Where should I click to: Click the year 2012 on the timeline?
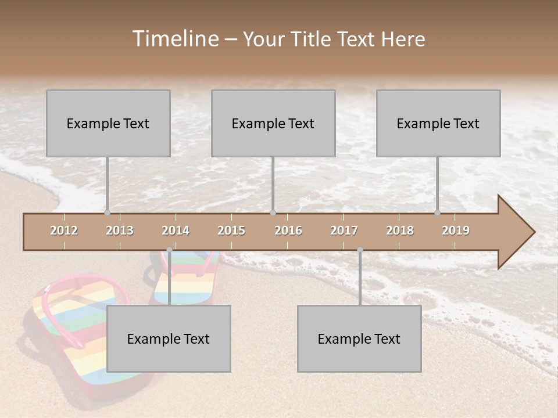coord(64,230)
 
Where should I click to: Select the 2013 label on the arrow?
coord(120,230)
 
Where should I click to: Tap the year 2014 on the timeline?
coord(176,230)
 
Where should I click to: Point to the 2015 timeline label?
coord(231,230)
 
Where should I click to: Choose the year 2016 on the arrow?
coord(288,230)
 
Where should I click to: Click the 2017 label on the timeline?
coord(344,230)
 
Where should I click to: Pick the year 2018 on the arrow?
coord(400,230)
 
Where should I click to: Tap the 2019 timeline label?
coord(456,230)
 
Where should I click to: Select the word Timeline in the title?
coord(174,39)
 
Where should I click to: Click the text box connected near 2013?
coord(108,123)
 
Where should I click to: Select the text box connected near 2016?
coord(273,123)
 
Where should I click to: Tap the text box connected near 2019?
coord(438,123)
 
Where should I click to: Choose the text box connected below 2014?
coord(169,338)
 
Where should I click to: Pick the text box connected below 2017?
coord(359,338)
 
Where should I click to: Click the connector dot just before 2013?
coord(107,212)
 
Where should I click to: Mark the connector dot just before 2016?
coord(273,212)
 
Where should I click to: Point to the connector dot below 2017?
coord(360,250)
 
